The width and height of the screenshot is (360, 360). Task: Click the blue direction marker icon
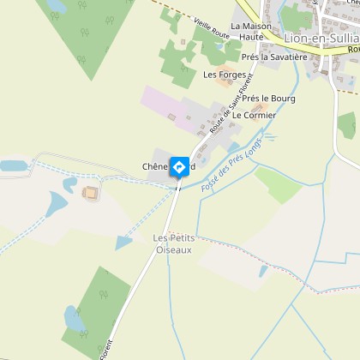click(180, 165)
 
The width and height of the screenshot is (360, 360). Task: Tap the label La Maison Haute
click(250, 32)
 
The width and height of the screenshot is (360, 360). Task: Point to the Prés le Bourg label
click(268, 99)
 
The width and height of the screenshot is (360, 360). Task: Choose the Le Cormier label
click(255, 115)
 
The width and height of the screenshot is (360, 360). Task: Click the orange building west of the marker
click(89, 193)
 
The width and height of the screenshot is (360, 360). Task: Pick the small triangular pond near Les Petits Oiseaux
click(124, 243)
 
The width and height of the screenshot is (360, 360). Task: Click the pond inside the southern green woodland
click(74, 320)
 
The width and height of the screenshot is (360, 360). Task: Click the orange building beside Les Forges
click(225, 83)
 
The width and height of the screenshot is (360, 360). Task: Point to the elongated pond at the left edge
click(14, 165)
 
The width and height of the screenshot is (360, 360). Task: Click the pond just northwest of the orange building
click(58, 202)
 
